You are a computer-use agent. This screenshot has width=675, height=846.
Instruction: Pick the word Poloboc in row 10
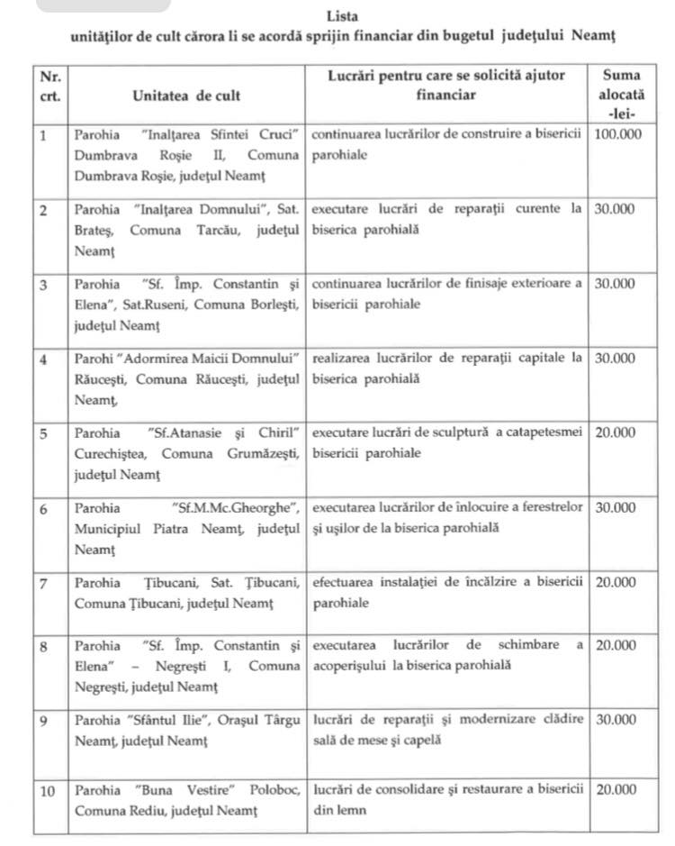click(273, 790)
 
